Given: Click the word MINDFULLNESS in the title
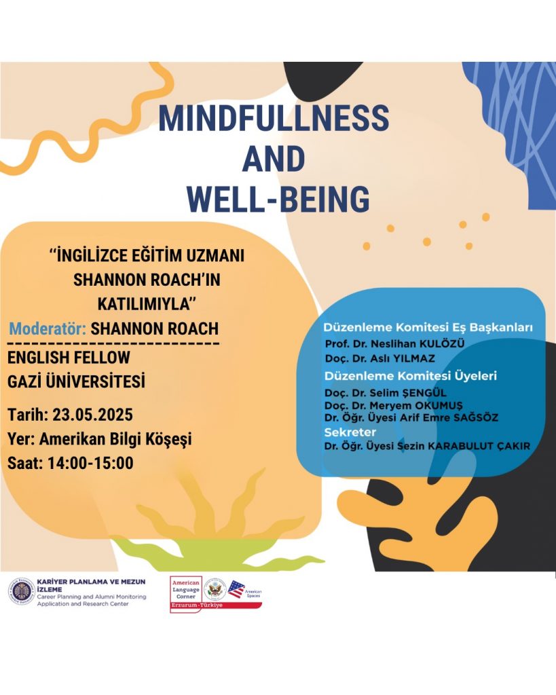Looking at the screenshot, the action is (274, 118).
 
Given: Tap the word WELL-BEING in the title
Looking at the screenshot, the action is (278, 199).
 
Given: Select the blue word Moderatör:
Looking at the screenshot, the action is (48, 328).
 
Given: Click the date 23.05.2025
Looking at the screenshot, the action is (92, 415).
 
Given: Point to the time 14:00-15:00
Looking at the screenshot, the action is (90, 463).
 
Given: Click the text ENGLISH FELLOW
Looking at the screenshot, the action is (69, 357).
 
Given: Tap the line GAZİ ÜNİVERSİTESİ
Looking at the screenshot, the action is (76, 381).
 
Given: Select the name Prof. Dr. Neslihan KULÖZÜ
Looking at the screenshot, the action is (394, 344).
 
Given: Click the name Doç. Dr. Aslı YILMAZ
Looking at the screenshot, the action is (380, 358).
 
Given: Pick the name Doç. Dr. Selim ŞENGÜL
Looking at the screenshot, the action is (386, 393).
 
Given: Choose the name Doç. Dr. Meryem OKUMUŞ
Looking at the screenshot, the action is (393, 405).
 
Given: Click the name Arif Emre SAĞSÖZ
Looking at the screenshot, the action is (449, 417).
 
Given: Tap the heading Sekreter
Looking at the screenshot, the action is (350, 432).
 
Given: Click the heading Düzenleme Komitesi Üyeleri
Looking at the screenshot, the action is (411, 376).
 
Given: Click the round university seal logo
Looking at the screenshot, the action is (21, 592).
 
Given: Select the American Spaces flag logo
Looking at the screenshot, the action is (236, 590).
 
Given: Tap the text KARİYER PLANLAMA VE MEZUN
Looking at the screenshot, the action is (91, 582).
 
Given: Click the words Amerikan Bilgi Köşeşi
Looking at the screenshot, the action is (115, 439).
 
